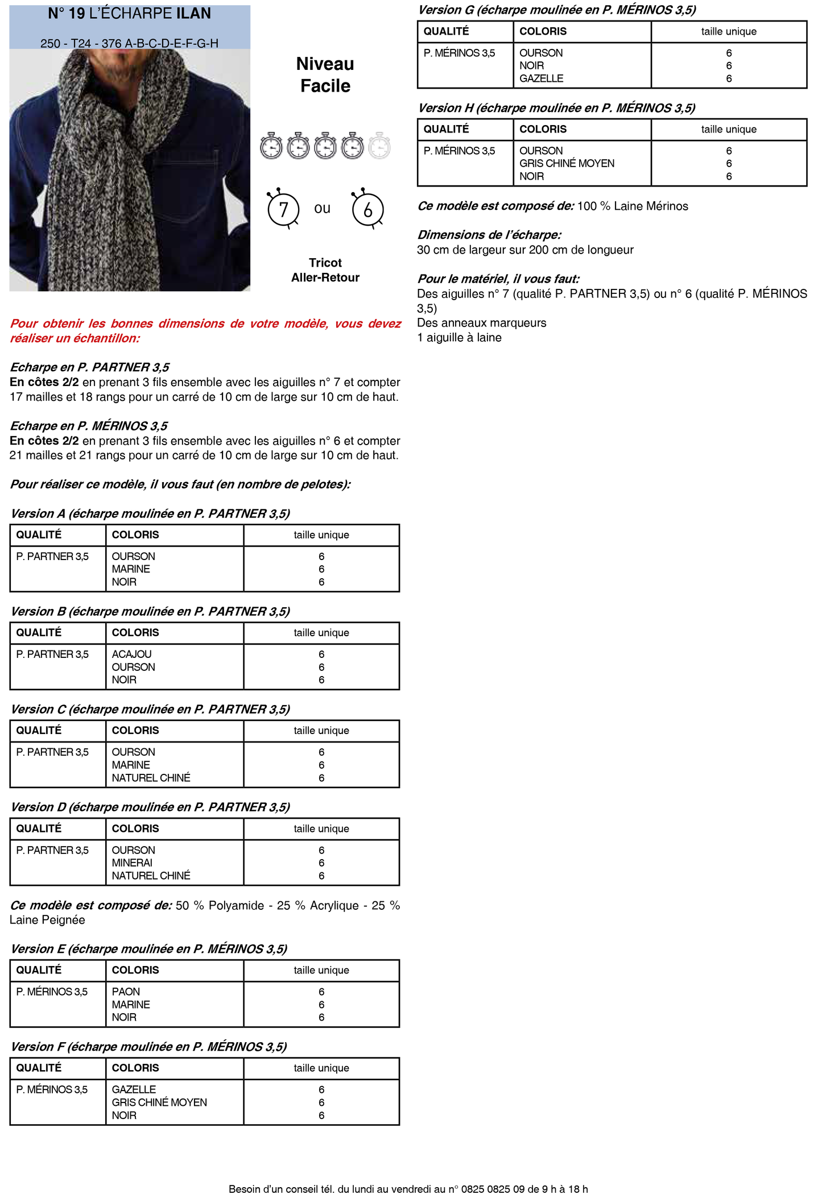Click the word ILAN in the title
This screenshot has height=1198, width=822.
click(193, 14)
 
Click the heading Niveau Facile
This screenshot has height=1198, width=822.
click(325, 74)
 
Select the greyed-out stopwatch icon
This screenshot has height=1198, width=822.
click(379, 146)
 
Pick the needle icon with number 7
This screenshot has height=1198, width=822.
click(283, 209)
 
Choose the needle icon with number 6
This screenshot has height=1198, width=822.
click(367, 209)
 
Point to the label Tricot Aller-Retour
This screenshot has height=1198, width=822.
click(325, 270)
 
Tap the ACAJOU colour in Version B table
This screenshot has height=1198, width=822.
click(131, 654)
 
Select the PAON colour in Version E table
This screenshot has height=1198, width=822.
click(126, 992)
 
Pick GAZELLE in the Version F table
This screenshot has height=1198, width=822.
click(134, 1089)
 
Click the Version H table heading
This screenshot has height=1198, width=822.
click(556, 108)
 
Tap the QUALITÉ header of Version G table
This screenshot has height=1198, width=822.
click(446, 31)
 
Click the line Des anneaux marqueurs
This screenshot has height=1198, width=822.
click(481, 323)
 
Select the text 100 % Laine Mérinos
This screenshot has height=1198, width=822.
click(633, 206)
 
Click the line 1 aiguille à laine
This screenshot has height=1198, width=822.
click(459, 338)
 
